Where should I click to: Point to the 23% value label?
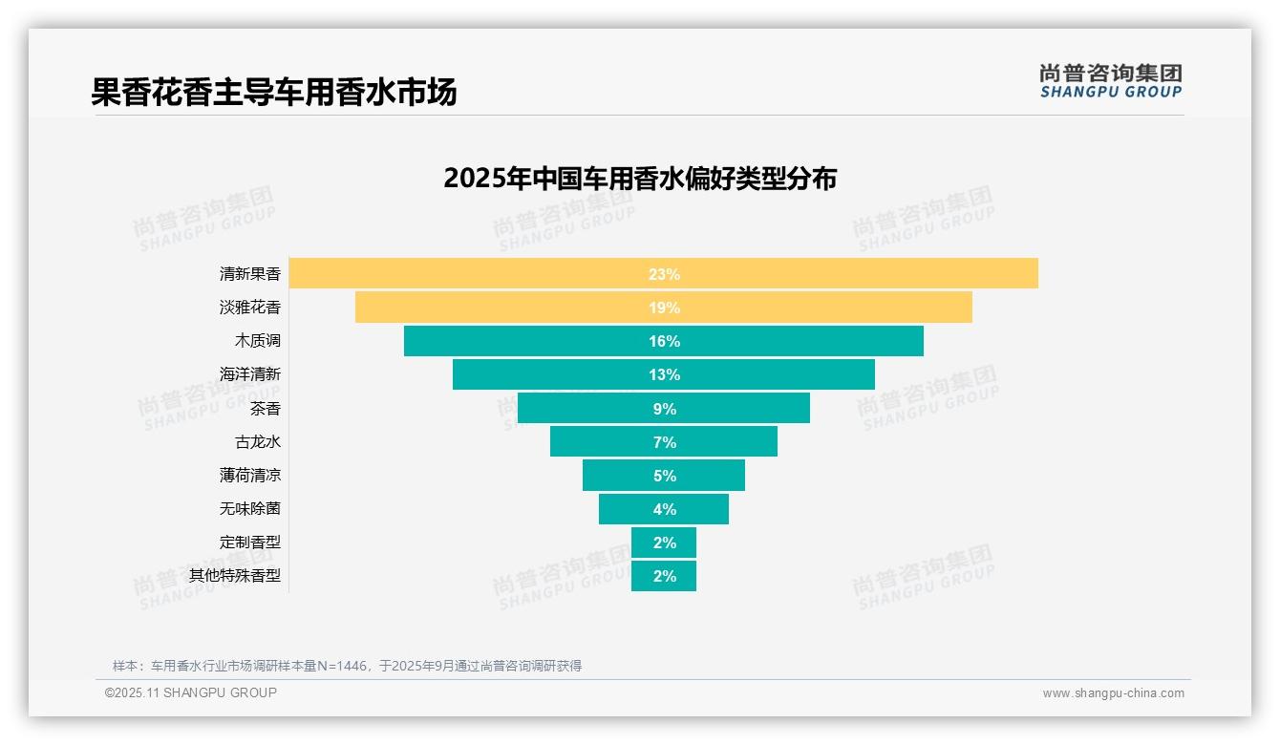[x=664, y=274]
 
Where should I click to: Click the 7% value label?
[x=664, y=442]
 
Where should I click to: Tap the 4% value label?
[x=664, y=509]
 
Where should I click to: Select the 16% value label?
[x=664, y=341]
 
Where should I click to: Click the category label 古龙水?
[x=258, y=442]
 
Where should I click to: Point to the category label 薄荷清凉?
[x=250, y=475]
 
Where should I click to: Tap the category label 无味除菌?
[x=250, y=509]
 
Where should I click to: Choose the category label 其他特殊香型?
[x=235, y=576]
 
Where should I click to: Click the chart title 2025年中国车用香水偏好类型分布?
[x=640, y=179]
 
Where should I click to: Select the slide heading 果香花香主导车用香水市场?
[x=274, y=92]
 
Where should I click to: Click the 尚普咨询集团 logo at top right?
[x=1110, y=81]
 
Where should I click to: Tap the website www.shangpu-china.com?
[x=1113, y=693]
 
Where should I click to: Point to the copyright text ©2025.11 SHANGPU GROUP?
[x=191, y=692]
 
